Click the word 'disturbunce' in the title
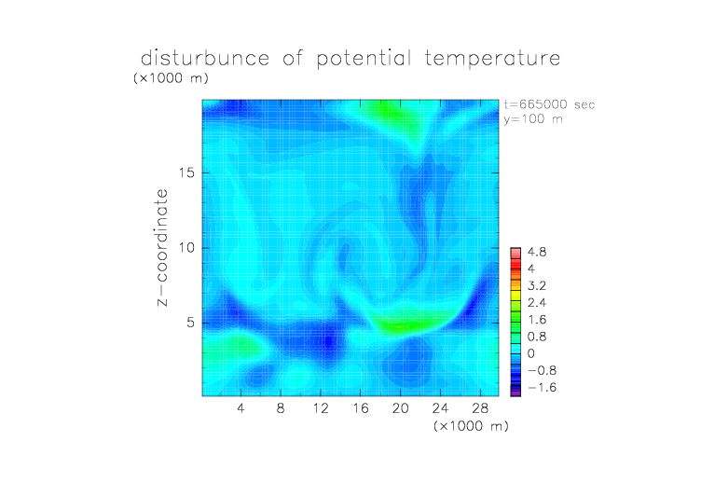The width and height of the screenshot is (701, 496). (x=205, y=58)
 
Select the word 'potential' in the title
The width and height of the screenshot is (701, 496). (x=364, y=59)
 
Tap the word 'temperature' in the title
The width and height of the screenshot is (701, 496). (x=492, y=59)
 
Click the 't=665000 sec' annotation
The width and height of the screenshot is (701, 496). (x=549, y=104)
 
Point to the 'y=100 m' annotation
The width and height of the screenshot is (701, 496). (x=533, y=119)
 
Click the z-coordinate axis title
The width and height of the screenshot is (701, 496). (x=162, y=248)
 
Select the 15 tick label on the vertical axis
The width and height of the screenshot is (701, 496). (x=186, y=172)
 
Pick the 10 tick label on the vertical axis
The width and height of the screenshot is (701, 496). (x=186, y=248)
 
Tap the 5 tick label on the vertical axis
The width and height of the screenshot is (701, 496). (x=191, y=323)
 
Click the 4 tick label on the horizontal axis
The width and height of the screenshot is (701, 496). (x=241, y=407)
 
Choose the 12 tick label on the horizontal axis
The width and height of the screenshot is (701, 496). (x=321, y=407)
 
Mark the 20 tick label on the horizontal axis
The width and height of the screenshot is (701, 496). (x=400, y=407)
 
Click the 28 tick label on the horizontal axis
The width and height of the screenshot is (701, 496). (x=480, y=407)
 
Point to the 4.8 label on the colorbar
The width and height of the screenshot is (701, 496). (x=537, y=253)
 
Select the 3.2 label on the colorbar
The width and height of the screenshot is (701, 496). (x=537, y=286)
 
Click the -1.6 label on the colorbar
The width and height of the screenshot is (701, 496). (x=543, y=387)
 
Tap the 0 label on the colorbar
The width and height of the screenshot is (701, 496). (x=531, y=353)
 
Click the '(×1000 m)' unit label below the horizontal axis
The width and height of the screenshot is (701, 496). (x=471, y=426)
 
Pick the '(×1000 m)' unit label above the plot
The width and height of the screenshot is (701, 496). (x=171, y=78)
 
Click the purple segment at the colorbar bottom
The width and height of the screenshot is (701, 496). (x=515, y=393)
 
